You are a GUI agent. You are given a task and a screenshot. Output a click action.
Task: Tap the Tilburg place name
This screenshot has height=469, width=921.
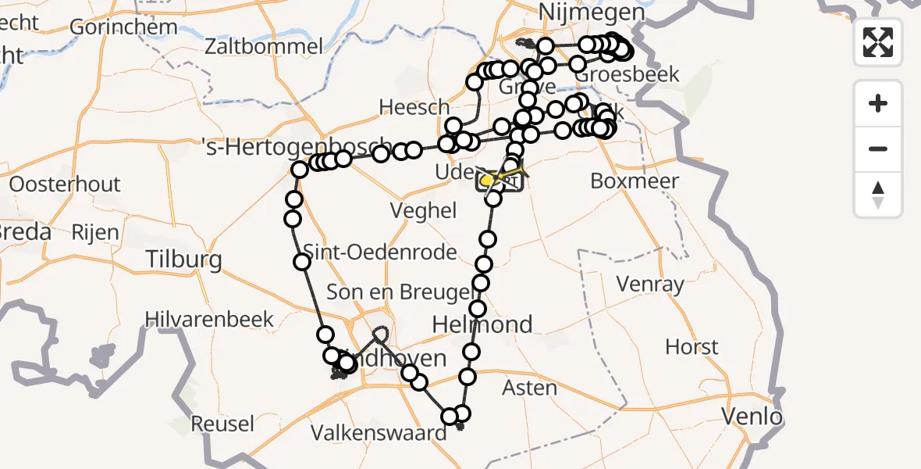184,260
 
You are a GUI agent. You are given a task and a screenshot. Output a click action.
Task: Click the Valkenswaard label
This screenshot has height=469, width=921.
379,432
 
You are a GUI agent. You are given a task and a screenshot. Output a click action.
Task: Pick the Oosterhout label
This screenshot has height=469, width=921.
65,185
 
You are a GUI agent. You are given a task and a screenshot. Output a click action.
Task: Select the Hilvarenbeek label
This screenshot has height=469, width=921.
210,319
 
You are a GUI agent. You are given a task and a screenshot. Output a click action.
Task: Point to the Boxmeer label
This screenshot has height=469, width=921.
635,181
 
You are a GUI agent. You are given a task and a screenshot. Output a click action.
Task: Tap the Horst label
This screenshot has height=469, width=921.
692,345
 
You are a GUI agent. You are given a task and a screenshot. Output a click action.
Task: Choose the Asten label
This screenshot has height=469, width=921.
529,387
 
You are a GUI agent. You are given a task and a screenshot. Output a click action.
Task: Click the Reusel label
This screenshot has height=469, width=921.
222,424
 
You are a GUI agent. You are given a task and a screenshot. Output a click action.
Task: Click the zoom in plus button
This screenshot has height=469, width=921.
878,103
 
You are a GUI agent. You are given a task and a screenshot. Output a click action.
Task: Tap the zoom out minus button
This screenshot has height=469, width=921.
878,149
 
